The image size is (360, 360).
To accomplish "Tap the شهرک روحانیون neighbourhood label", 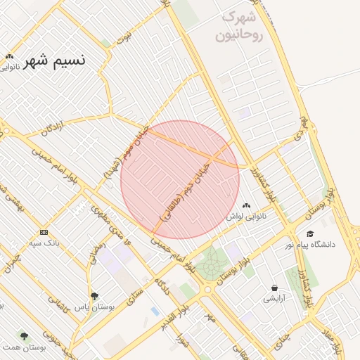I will pyautogui.click(x=242, y=25).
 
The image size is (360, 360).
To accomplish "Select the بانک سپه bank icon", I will pyautogui.click(x=44, y=232).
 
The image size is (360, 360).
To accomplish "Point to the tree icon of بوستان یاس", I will pyautogui.click(x=95, y=295).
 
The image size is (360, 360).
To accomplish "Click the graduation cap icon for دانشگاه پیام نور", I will pyautogui.click(x=310, y=233).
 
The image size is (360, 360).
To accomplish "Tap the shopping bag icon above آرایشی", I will pyautogui.click(x=274, y=288).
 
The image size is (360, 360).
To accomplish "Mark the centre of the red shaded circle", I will pyautogui.click(x=180, y=180).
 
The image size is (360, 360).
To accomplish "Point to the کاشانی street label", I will pyautogui.click(x=56, y=304).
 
